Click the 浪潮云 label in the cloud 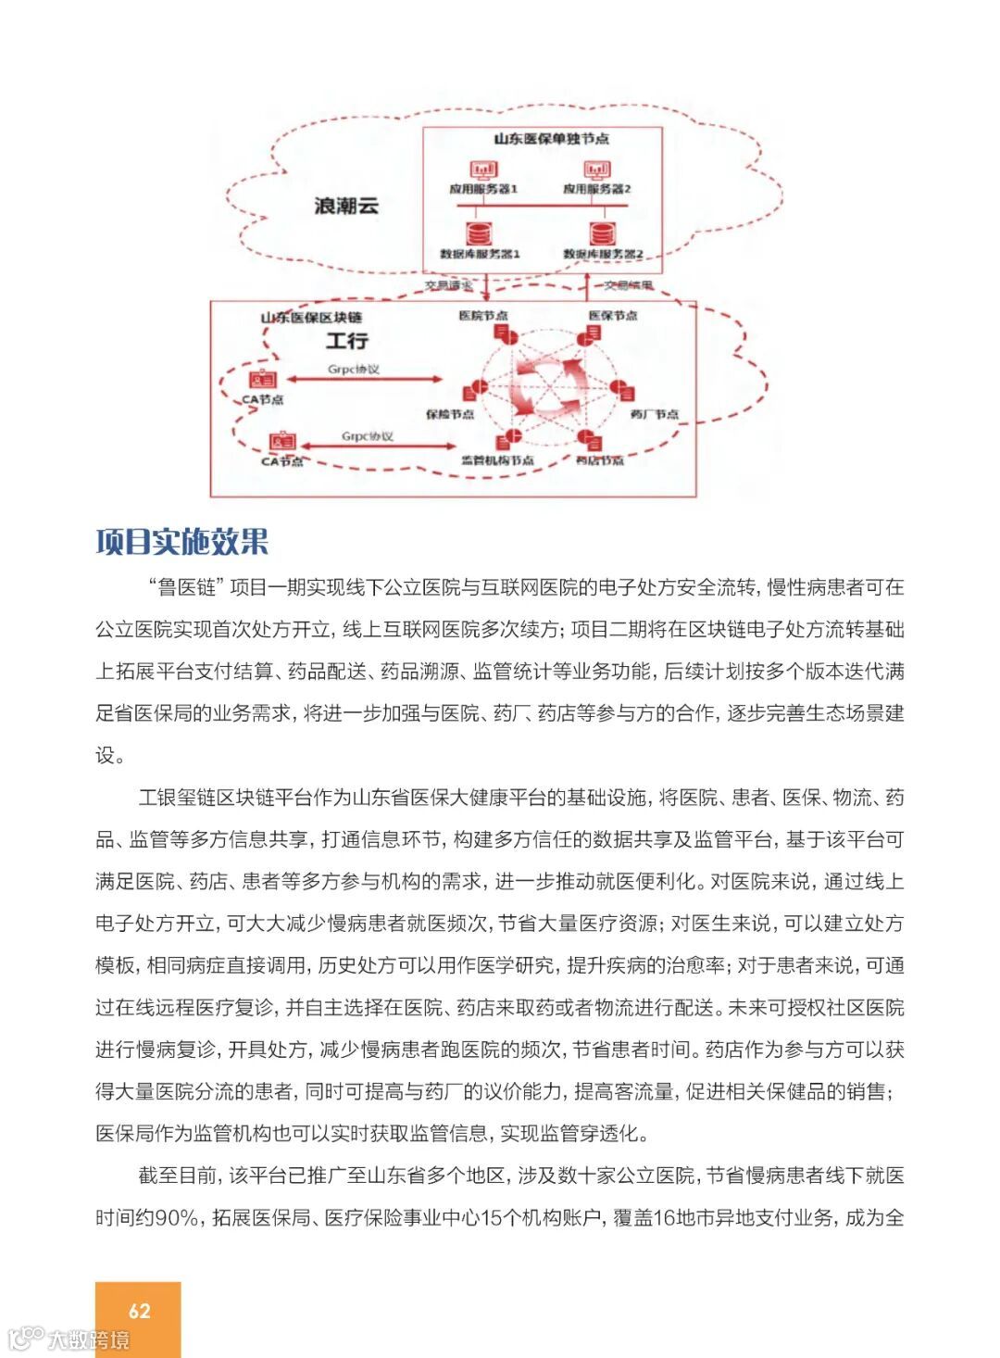345,206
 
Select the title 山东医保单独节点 551,139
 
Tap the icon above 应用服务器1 482,170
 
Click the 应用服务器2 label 597,189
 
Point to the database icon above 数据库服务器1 479,233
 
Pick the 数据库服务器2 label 603,254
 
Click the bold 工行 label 346,341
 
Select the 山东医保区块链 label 311,318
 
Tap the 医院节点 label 482,316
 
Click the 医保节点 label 613,316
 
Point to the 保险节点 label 450,414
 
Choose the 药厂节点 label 655,414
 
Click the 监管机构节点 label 497,460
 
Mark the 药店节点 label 600,460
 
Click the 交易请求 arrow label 448,285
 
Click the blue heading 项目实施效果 181,542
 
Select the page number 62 139,1311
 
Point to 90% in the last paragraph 176,1218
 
